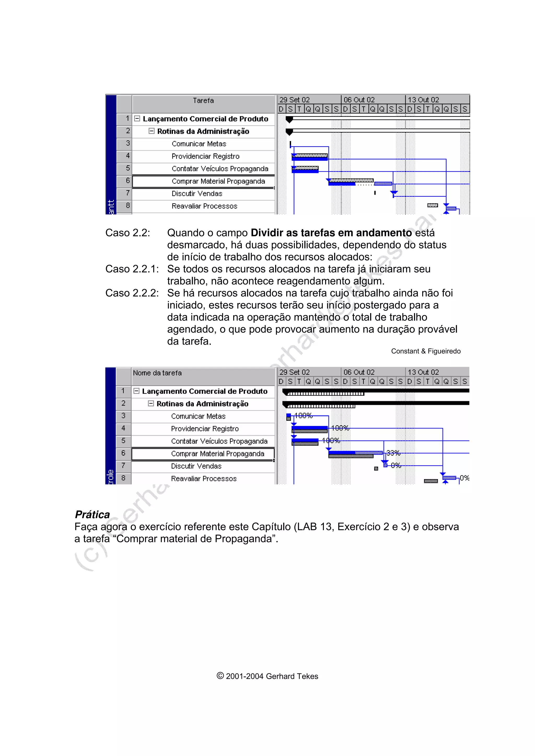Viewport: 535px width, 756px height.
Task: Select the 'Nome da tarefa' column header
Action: pyautogui.click(x=157, y=373)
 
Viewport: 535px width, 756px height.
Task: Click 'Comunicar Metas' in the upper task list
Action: pyautogui.click(x=199, y=144)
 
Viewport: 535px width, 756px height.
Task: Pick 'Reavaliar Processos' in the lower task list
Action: pyautogui.click(x=204, y=479)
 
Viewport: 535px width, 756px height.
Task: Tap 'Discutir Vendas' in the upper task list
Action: pyautogui.click(x=197, y=194)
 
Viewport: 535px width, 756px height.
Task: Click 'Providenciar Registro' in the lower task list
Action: pyautogui.click(x=205, y=429)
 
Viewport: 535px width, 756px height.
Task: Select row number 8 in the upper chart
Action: pyautogui.click(x=127, y=206)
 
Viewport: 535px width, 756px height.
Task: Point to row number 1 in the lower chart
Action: pyautogui.click(x=123, y=391)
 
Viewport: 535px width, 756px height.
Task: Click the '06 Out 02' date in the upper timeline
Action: pyautogui.click(x=359, y=100)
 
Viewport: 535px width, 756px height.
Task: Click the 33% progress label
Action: pyautogui.click(x=393, y=453)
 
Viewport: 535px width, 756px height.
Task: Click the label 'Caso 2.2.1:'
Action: pyautogui.click(x=132, y=269)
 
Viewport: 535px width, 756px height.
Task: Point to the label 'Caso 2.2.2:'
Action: pyautogui.click(x=132, y=293)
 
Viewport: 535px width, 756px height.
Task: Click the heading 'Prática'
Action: pyautogui.click(x=92, y=515)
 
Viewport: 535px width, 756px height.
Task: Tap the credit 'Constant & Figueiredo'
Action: pyautogui.click(x=426, y=351)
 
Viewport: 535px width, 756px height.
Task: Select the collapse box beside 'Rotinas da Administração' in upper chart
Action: pyautogui.click(x=152, y=131)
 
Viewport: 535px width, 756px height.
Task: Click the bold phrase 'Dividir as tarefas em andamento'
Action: pyautogui.click(x=331, y=233)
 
